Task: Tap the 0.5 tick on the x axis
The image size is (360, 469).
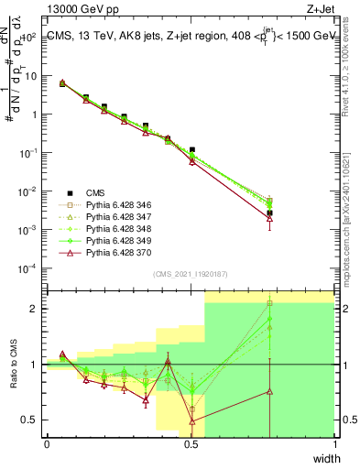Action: click(191, 444)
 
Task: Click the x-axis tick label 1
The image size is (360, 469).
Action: click(333, 444)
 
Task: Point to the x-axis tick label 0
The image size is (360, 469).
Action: click(47, 444)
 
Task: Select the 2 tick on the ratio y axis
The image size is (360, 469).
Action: click(36, 309)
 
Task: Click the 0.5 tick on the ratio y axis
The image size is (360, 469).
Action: click(33, 420)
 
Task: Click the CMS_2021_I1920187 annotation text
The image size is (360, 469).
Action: click(190, 274)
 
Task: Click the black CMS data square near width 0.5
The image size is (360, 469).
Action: click(191, 149)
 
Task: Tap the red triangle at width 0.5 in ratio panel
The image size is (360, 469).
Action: click(191, 421)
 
